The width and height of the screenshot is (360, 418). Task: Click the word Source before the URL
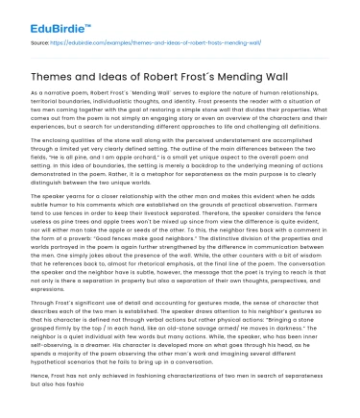(40, 43)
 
